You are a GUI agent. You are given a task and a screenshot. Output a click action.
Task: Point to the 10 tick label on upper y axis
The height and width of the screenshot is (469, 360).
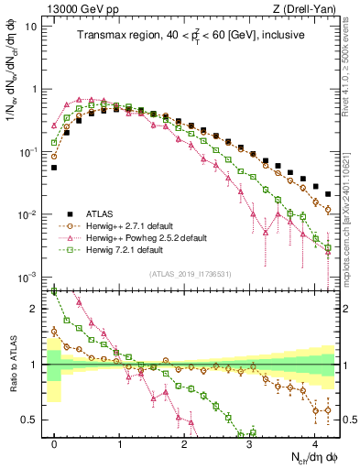[x=31, y=27]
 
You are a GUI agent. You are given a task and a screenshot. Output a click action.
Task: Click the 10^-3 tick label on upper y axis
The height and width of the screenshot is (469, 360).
[x=29, y=277]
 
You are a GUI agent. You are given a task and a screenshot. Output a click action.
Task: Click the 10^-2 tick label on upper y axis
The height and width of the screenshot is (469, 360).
[x=29, y=214]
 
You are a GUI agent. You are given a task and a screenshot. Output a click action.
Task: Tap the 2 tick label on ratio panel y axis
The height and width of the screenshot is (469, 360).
[x=36, y=309]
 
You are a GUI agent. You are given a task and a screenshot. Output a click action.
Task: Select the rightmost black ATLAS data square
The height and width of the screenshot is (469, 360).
[x=328, y=193]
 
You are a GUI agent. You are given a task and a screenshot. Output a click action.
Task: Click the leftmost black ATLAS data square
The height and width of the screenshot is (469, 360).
[x=54, y=168]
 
